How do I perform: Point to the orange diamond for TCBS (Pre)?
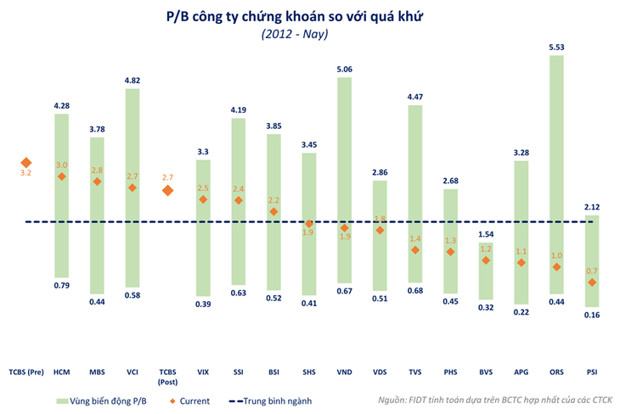click(26, 163)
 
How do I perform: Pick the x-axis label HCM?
click(61, 372)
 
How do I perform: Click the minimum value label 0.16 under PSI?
click(591, 316)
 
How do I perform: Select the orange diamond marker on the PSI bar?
click(591, 283)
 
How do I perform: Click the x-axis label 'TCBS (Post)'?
click(167, 375)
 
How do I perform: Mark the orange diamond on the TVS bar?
click(415, 250)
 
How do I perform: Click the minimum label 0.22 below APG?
click(521, 312)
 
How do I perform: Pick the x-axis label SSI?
click(239, 372)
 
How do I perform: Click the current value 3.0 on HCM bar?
click(61, 165)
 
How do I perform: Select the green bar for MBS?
click(97, 215)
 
